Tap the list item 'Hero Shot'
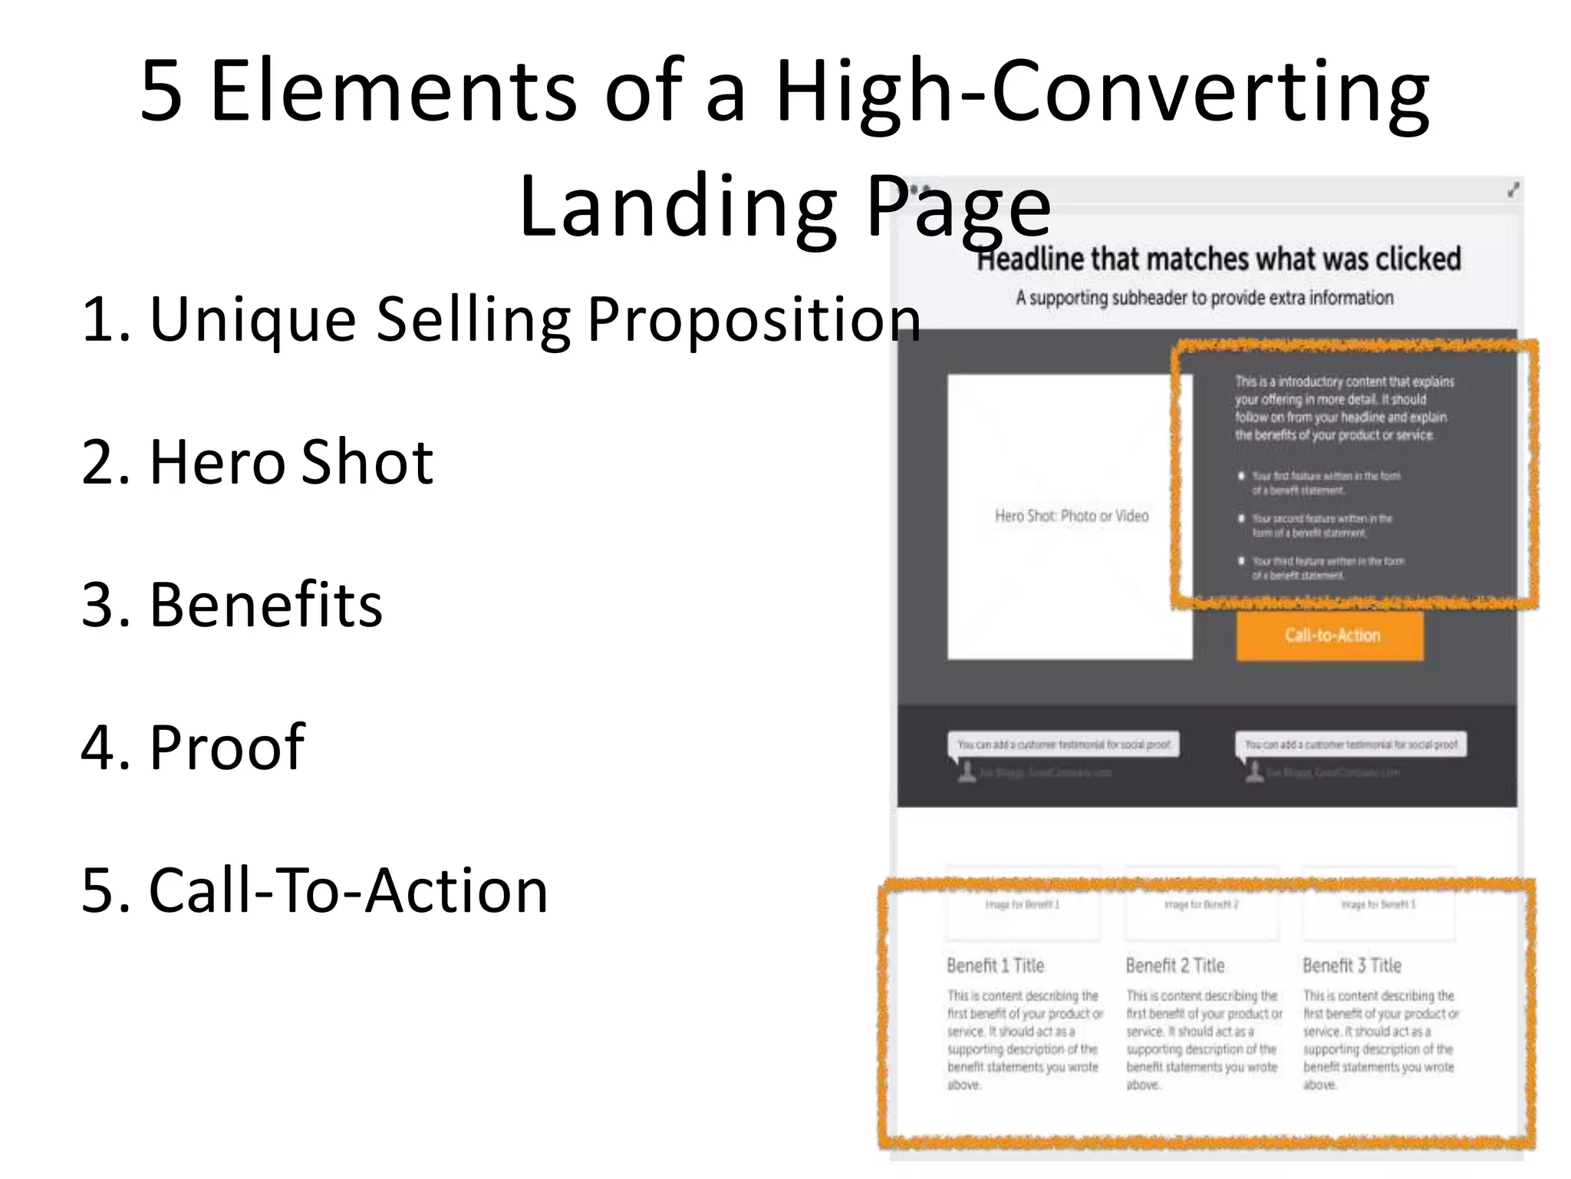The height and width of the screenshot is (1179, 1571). [x=257, y=462]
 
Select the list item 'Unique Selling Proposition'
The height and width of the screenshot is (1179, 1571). [x=500, y=319]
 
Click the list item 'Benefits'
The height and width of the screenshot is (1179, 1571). [x=232, y=605]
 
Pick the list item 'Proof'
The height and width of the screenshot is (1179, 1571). [x=193, y=747]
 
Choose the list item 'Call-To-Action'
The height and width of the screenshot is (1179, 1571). [x=315, y=890]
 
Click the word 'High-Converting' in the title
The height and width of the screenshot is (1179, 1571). [x=1102, y=91]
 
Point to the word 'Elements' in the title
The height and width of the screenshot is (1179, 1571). [x=393, y=91]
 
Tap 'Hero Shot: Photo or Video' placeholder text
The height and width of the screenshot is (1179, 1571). [x=1072, y=516]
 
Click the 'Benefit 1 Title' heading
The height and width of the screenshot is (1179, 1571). [x=995, y=966]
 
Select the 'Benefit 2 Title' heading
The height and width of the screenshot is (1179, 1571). [x=1174, y=966]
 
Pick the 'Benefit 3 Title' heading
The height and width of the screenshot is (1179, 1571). [x=1352, y=966]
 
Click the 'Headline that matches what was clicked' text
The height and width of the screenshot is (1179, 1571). [x=1220, y=259]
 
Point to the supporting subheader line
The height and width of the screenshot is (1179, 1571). [x=1204, y=298]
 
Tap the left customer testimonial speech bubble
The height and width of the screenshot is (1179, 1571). [x=1064, y=745]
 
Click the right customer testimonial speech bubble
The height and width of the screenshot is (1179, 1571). [x=1351, y=745]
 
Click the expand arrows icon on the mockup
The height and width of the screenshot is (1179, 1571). [x=1513, y=190]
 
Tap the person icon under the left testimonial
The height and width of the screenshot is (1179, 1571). [x=967, y=772]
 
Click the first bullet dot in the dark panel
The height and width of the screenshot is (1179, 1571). [x=1241, y=476]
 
